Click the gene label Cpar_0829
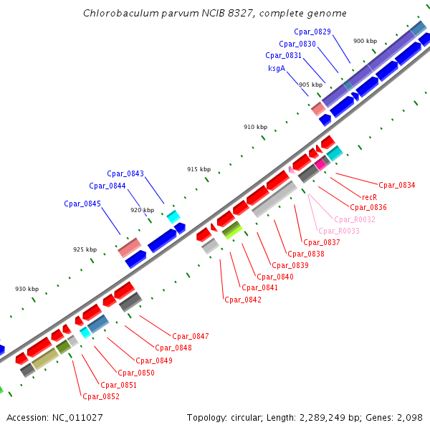(x=312, y=32)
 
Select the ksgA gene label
(x=277, y=68)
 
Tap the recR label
(x=369, y=196)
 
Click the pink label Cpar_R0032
(x=355, y=219)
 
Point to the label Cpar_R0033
(x=339, y=231)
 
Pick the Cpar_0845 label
(x=82, y=204)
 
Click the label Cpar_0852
(x=101, y=396)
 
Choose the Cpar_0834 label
(x=397, y=185)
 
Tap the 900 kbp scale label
(x=365, y=41)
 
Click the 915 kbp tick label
(x=199, y=169)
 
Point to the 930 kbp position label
(x=27, y=289)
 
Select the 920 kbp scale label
(x=142, y=210)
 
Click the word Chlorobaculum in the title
(x=118, y=14)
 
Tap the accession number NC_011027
(x=77, y=417)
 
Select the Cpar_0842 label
(x=243, y=300)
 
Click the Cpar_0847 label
(x=191, y=336)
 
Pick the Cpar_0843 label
(x=125, y=173)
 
